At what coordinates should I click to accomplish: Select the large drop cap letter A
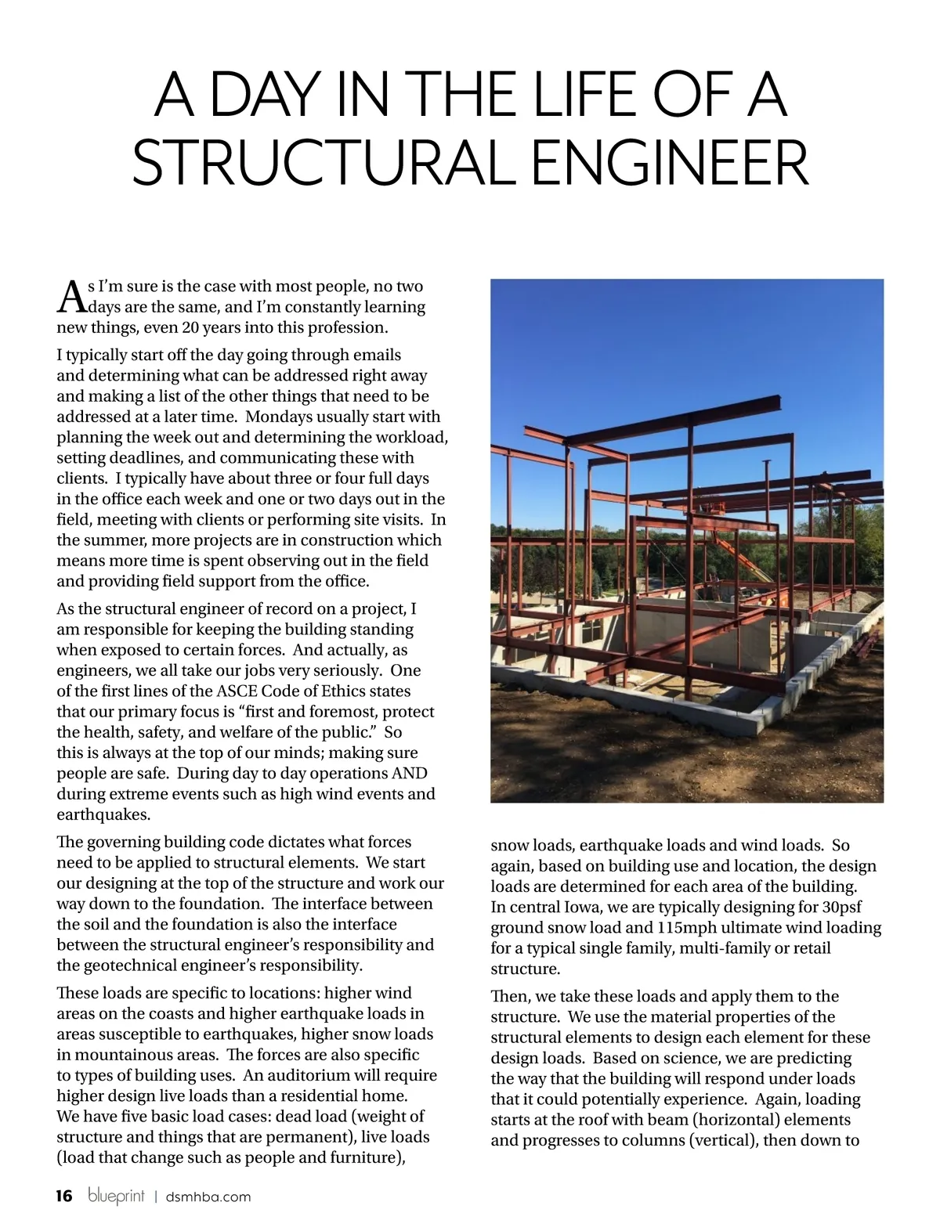[x=71, y=295]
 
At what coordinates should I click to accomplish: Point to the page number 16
[x=64, y=1196]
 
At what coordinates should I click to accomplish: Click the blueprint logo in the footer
[x=117, y=1196]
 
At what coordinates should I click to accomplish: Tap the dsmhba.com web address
[x=208, y=1197]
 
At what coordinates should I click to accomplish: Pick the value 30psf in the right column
[x=835, y=907]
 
